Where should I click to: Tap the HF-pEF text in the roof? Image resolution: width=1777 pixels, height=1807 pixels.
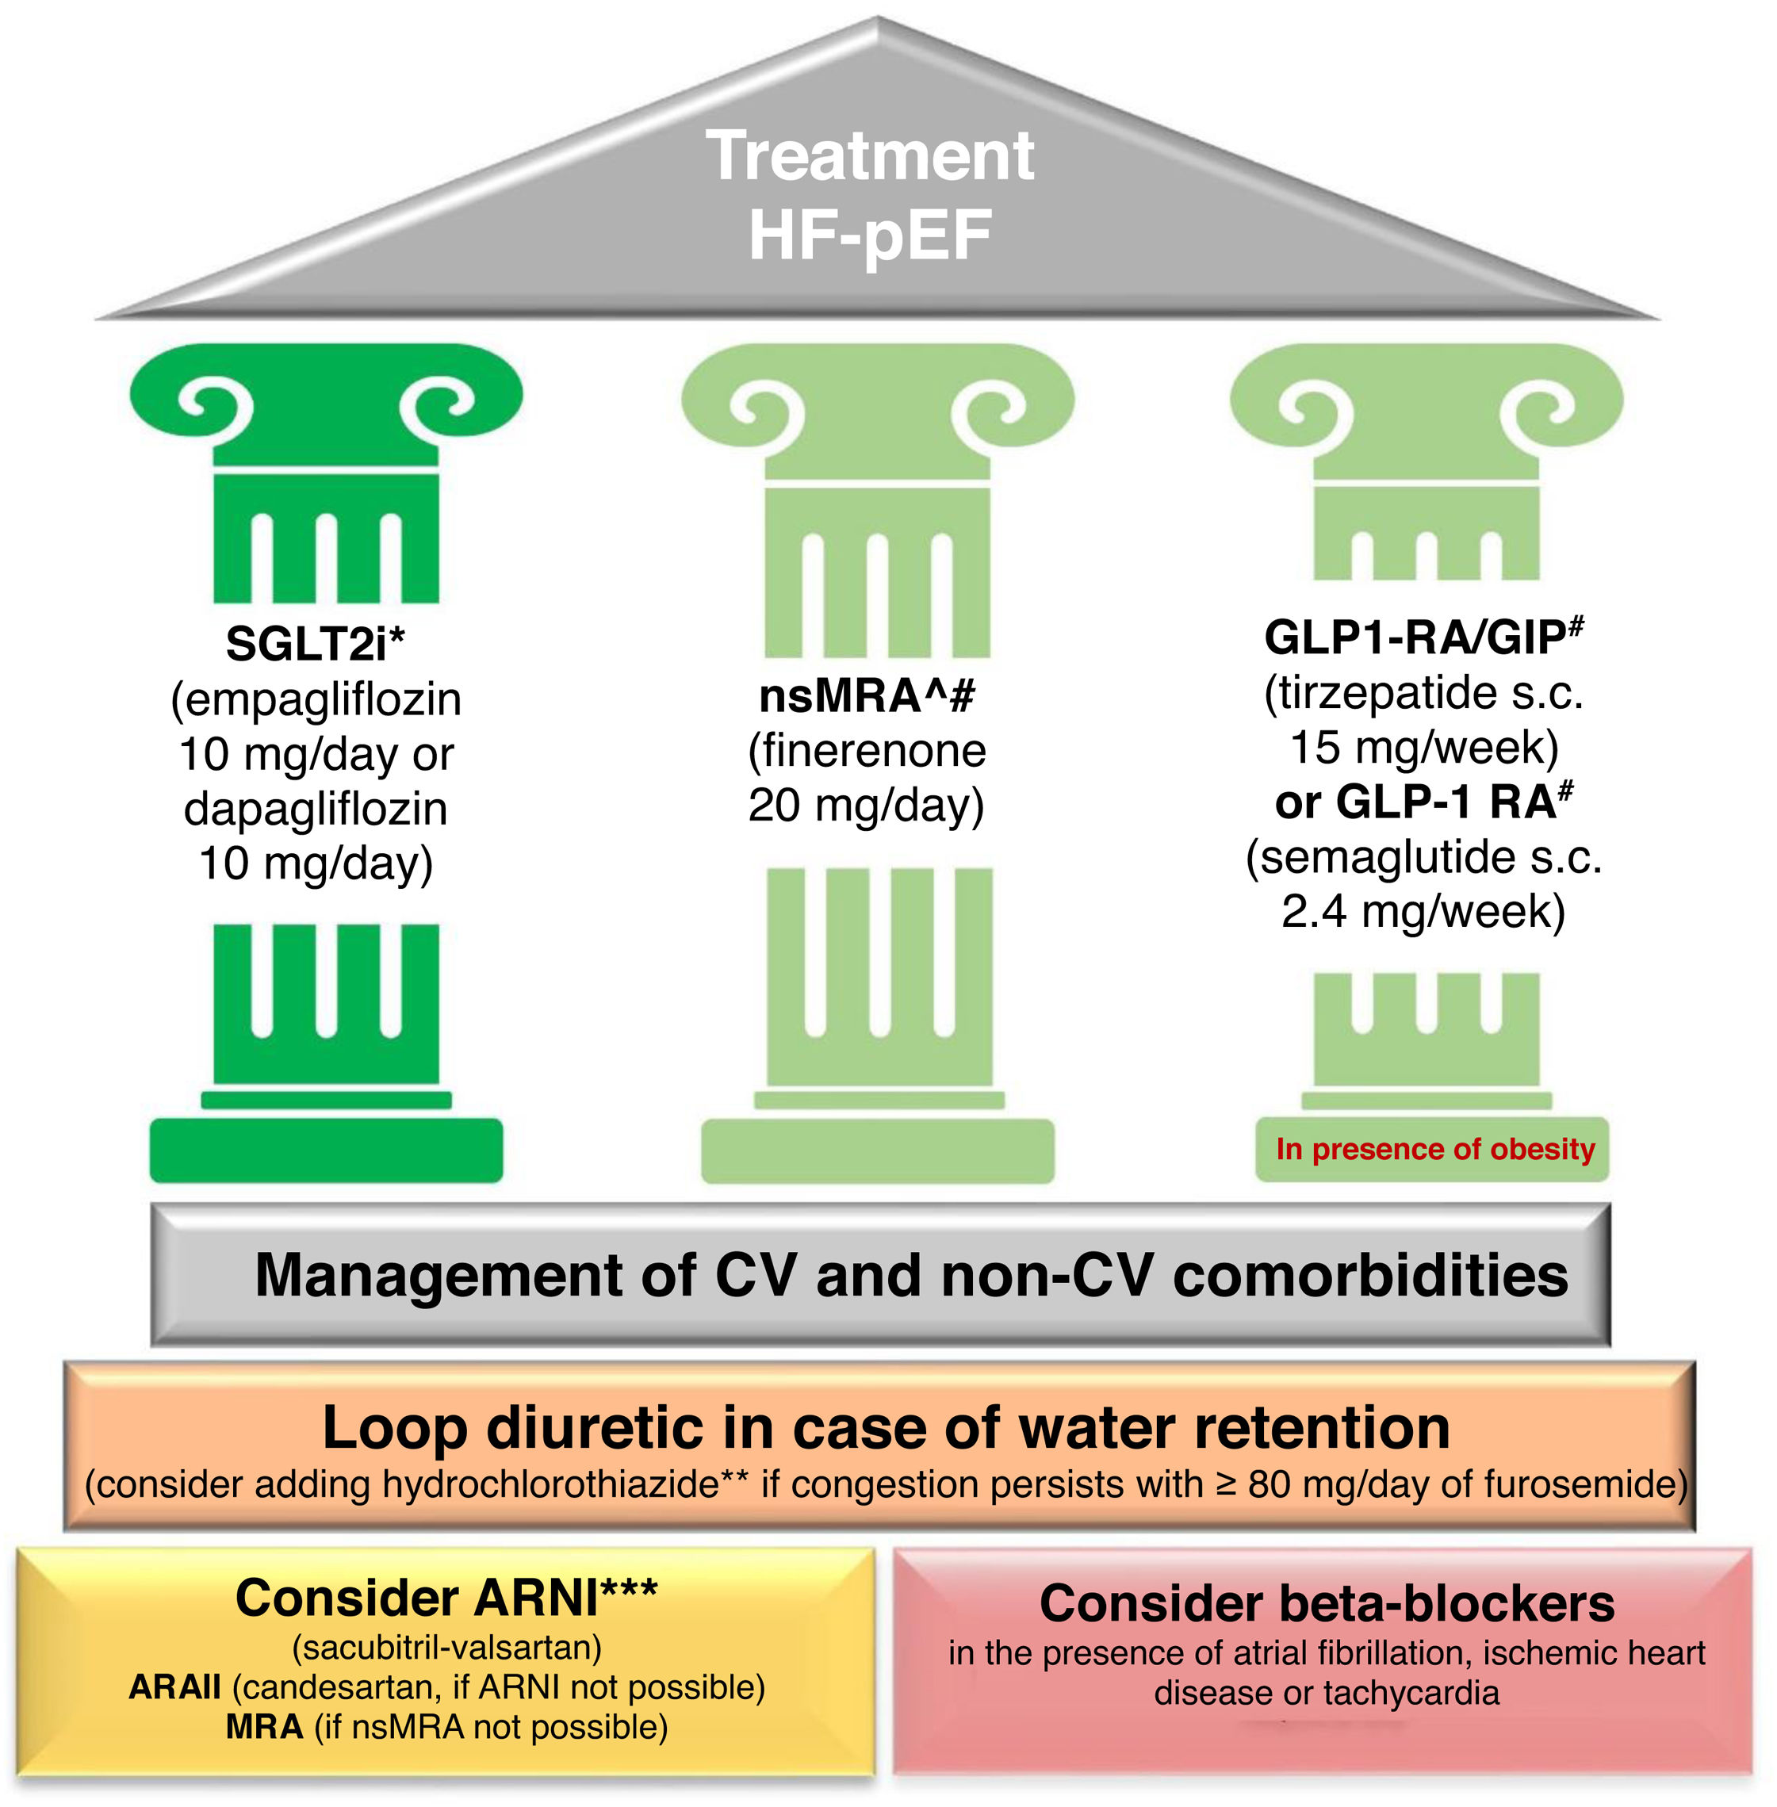pyautogui.click(x=870, y=235)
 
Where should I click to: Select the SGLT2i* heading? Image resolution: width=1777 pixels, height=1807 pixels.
pyautogui.click(x=316, y=643)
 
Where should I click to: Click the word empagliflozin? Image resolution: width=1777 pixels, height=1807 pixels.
pyautogui.click(x=323, y=699)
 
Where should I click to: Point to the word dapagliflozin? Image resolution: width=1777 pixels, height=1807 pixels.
pyautogui.click(x=316, y=808)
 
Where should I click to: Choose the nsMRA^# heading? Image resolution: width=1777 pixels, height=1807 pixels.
pyautogui.click(x=867, y=695)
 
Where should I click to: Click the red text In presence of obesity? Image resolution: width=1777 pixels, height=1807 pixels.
pyautogui.click(x=1435, y=1149)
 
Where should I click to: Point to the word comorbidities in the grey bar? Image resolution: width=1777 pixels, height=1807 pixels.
pyautogui.click(x=1370, y=1275)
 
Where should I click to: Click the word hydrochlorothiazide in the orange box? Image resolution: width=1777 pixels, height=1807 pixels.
pyautogui.click(x=550, y=1484)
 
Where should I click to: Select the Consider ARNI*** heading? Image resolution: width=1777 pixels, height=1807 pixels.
pyautogui.click(x=446, y=1598)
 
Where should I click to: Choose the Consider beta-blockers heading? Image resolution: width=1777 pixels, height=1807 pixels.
pyautogui.click(x=1327, y=1603)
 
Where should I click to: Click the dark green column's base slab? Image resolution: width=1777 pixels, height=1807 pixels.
pyautogui.click(x=327, y=1150)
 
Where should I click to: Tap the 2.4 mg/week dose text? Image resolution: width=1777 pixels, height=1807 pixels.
pyautogui.click(x=1423, y=912)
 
